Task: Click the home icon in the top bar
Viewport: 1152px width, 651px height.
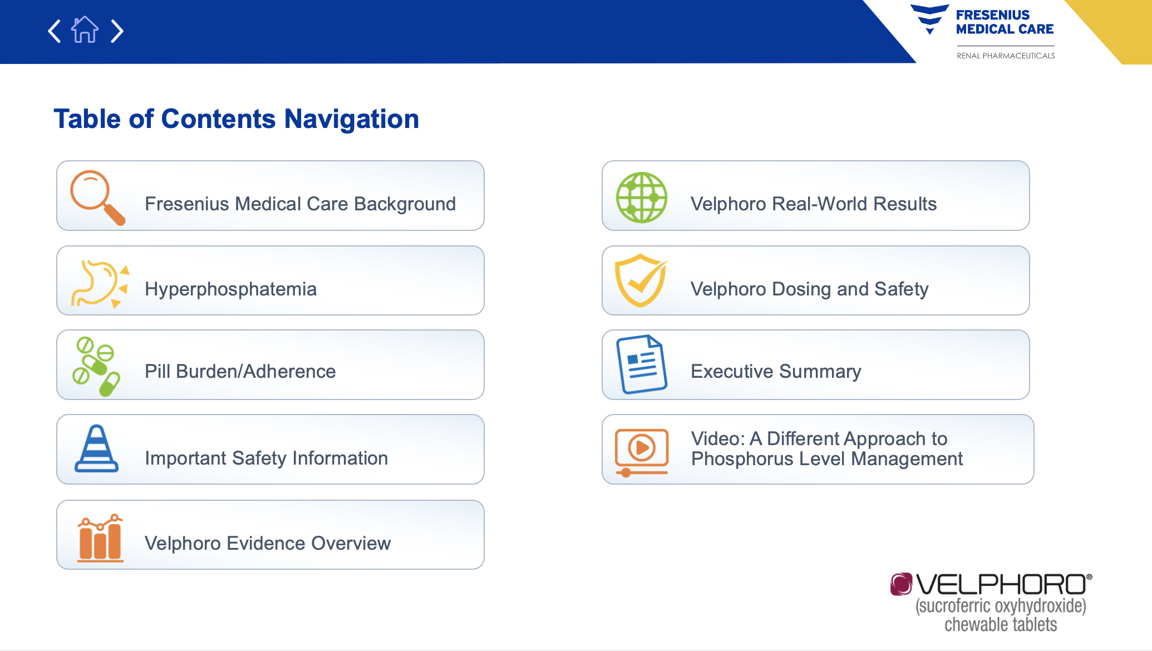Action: pos(85,29)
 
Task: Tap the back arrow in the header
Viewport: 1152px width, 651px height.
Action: pos(54,31)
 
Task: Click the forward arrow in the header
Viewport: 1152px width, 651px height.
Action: pos(117,31)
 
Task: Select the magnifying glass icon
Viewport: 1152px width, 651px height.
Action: pos(97,198)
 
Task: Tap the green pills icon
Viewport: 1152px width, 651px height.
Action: pos(96,366)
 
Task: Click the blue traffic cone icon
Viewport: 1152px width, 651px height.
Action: pos(96,448)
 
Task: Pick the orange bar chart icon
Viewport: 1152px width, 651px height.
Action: pos(100,538)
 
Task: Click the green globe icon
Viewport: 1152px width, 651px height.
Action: pos(642,198)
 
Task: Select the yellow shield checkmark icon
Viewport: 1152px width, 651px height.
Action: pos(641,280)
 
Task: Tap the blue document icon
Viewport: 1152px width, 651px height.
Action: pos(641,364)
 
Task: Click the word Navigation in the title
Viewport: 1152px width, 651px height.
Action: pos(352,119)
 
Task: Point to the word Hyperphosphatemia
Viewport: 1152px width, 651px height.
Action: pos(230,289)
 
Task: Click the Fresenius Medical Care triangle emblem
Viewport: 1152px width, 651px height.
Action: pos(929,19)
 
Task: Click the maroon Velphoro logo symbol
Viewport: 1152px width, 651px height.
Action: pos(901,584)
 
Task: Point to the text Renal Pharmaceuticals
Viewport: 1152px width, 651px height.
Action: pos(1006,56)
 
